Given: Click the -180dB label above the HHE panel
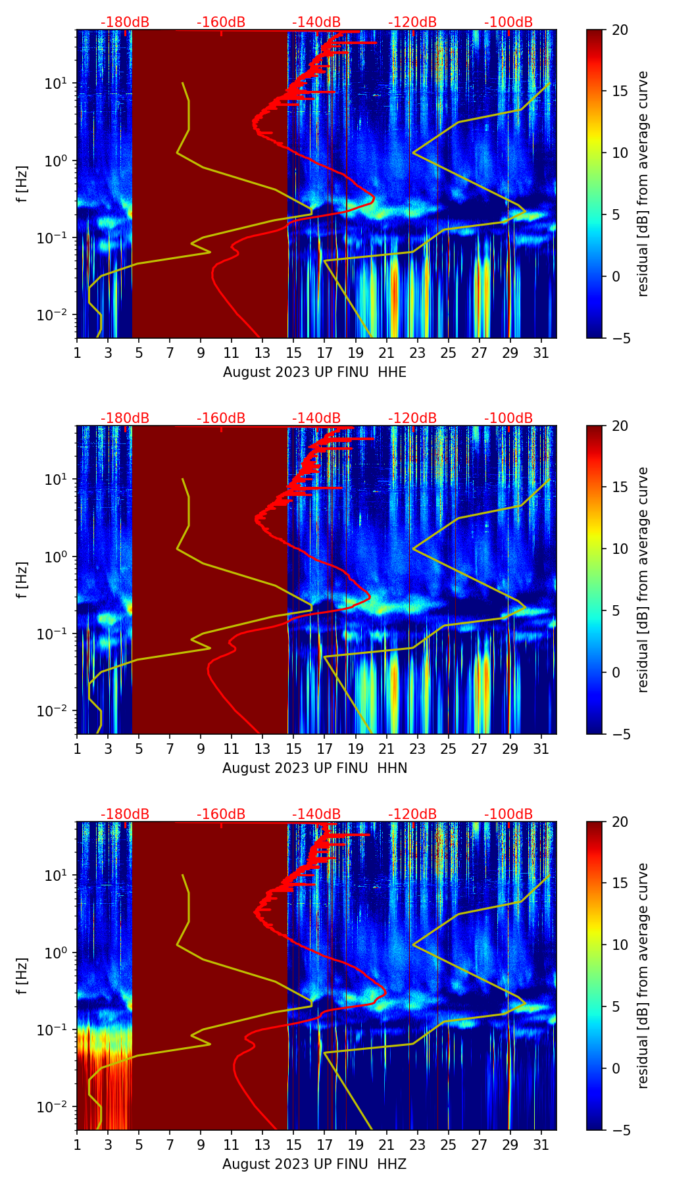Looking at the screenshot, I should (125, 22).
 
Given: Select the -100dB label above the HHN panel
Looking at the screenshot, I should (508, 418).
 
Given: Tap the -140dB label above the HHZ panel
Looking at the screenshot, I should (316, 814).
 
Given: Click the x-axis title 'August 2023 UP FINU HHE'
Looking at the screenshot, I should (314, 372).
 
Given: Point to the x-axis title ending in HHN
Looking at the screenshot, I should (314, 768).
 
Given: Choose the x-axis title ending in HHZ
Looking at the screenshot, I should (314, 1164).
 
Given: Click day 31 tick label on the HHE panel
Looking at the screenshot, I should (541, 353).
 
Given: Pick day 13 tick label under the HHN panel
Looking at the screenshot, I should (262, 749).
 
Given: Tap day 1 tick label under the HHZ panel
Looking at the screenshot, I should (77, 1145).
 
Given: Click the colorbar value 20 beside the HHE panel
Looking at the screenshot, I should (620, 30).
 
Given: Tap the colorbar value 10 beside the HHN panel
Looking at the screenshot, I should (620, 549).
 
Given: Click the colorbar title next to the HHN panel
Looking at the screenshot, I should (643, 580).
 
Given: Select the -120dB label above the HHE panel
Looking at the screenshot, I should (412, 22).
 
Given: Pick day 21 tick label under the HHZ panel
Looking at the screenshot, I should (387, 1145).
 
